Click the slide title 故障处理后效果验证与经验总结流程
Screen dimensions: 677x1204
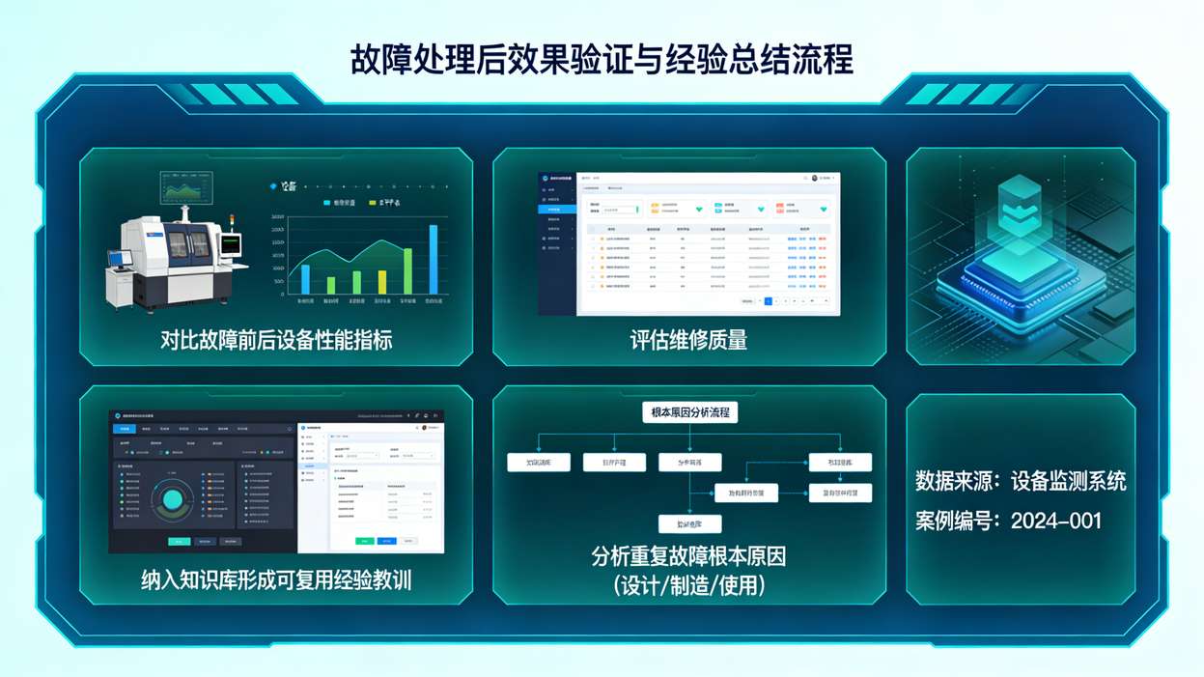tap(602, 60)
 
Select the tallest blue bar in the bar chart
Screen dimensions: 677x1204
tap(434, 260)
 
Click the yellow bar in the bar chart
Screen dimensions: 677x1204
tap(382, 282)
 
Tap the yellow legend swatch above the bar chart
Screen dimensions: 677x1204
tap(373, 203)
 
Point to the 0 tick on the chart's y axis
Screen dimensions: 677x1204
tap(282, 294)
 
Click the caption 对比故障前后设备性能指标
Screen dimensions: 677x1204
tap(276, 340)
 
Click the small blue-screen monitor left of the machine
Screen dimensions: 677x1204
tap(120, 259)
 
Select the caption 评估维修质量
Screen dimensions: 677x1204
tap(688, 340)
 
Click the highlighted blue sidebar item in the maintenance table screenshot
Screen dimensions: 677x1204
tap(556, 210)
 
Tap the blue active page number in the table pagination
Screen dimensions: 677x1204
tap(768, 301)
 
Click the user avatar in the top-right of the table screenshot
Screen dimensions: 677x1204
tap(815, 179)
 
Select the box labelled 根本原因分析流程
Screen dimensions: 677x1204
tap(689, 412)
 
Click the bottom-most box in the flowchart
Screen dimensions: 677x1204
tap(689, 524)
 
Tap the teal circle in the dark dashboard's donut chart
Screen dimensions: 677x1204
tap(173, 499)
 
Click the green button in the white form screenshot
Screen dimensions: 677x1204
tap(364, 541)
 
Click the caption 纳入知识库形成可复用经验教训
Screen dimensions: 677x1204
tap(276, 580)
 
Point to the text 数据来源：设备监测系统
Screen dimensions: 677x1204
tap(1021, 481)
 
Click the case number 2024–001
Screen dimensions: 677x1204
tap(1055, 522)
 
